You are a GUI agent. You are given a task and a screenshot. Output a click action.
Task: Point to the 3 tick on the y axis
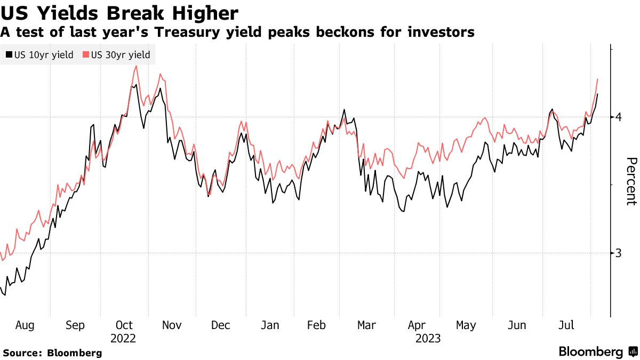(618, 253)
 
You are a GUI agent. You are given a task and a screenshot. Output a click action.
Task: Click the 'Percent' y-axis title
(631, 181)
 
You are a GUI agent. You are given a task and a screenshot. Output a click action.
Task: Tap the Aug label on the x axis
(25, 325)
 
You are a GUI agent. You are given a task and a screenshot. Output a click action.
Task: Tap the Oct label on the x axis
(124, 325)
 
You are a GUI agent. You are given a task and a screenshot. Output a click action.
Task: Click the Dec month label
(220, 325)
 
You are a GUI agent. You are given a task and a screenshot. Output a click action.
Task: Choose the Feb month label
(317, 325)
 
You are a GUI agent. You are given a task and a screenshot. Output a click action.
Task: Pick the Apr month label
(416, 325)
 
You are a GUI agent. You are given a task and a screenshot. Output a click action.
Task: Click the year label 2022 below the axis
(123, 338)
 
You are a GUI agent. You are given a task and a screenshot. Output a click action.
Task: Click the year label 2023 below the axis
(428, 338)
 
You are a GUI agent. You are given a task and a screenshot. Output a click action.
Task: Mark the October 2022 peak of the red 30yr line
(137, 66)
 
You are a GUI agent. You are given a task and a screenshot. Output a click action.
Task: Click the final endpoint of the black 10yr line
(598, 94)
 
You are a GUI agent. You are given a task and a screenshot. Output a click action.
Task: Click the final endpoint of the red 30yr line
(597, 79)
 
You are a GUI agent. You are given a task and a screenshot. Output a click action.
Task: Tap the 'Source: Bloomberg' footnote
(52, 353)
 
